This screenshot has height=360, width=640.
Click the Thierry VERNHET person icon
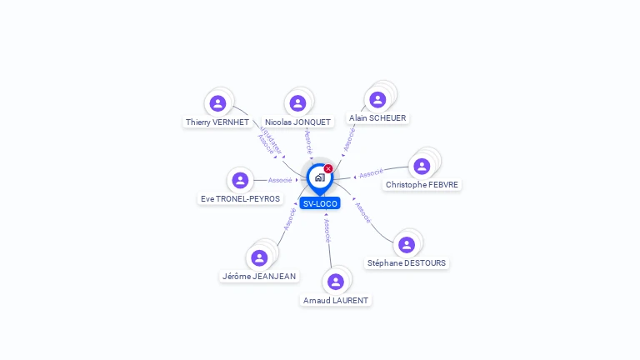click(217, 103)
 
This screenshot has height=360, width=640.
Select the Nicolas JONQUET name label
click(297, 122)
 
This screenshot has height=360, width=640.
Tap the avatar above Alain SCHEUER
click(377, 100)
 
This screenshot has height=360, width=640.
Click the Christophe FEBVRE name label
click(422, 185)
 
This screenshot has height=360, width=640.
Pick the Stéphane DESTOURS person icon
click(407, 245)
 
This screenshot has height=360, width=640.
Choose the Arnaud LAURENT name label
click(336, 300)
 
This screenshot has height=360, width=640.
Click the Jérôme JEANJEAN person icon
click(259, 257)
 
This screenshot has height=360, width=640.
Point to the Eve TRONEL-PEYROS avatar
click(241, 180)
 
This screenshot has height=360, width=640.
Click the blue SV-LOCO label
click(320, 203)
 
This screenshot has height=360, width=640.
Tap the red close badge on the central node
click(328, 169)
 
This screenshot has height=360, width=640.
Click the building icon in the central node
click(319, 177)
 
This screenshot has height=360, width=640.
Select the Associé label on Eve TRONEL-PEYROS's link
click(280, 180)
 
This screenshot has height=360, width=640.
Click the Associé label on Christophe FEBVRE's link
click(371, 173)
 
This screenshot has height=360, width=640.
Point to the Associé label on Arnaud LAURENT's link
click(327, 230)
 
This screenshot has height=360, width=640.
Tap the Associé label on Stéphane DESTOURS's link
click(362, 212)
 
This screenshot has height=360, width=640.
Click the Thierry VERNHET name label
click(217, 122)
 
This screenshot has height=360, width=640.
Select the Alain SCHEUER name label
click(377, 118)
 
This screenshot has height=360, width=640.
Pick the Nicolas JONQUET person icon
click(297, 103)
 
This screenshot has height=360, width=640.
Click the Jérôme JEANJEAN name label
click(259, 277)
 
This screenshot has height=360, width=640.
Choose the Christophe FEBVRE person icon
click(422, 166)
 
